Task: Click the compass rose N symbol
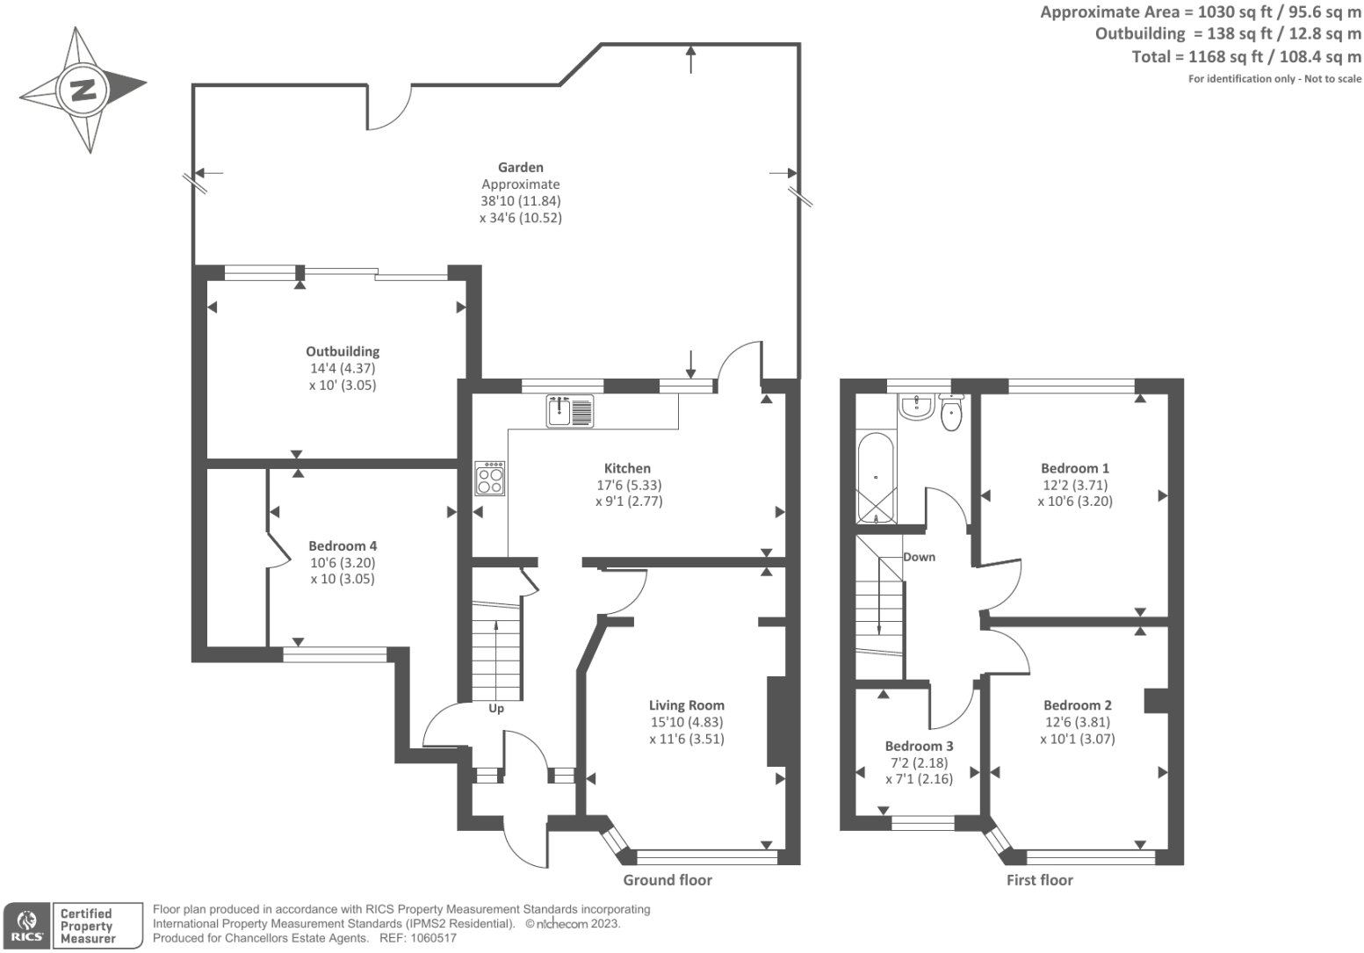pos(83,89)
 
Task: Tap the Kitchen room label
pos(627,468)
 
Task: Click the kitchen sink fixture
pos(570,411)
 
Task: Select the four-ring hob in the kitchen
pos(490,479)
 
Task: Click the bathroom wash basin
pos(916,406)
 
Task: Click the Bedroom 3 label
pos(919,746)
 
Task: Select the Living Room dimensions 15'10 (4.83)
pos(687,722)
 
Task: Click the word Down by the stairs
pos(919,557)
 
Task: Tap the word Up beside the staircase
pos(496,708)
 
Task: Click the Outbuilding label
pos(343,351)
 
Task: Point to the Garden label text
pos(520,167)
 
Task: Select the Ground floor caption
pos(668,880)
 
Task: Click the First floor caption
pos(1039,880)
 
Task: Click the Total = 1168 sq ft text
pos(1246,57)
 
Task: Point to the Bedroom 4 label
pos(343,545)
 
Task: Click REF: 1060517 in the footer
pos(417,938)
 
